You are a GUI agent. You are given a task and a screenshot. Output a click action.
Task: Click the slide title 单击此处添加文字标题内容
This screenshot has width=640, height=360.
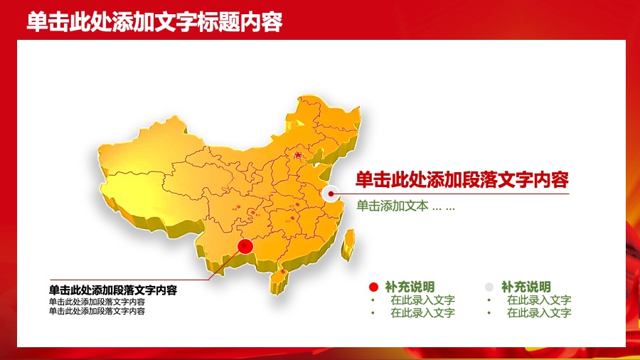[155, 22]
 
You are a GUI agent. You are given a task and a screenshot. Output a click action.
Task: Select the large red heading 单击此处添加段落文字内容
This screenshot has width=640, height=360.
[462, 179]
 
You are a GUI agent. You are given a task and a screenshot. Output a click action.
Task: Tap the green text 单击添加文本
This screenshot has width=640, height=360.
[393, 206]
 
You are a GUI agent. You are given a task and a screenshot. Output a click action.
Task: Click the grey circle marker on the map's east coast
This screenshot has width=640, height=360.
[329, 194]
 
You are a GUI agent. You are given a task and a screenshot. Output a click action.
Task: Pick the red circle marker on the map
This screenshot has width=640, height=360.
[245, 247]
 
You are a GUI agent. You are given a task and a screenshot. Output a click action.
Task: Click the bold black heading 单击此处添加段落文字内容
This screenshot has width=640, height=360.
[112, 290]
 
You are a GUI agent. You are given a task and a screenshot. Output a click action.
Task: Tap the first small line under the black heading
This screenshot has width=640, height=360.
[97, 302]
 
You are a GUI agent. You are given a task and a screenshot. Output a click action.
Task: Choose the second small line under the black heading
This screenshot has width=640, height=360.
[97, 311]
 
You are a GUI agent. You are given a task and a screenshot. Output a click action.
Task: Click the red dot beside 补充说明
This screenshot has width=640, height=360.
[373, 287]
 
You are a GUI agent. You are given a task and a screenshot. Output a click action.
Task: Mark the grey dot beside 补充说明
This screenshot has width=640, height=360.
[489, 287]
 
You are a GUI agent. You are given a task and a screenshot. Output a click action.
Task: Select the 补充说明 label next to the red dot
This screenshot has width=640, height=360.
[410, 287]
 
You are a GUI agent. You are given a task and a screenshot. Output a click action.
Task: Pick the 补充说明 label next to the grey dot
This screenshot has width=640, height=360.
[526, 287]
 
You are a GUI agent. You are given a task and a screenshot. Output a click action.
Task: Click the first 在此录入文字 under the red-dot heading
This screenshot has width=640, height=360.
[422, 300]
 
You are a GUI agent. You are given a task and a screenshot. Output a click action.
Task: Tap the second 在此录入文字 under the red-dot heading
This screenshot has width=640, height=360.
[422, 313]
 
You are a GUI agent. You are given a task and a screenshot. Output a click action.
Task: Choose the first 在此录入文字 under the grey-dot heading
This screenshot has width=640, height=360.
[538, 300]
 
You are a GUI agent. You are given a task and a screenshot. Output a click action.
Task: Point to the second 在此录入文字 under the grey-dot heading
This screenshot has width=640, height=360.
[538, 313]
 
